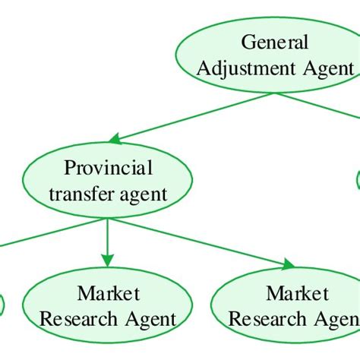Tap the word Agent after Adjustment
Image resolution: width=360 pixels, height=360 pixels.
pos(326,68)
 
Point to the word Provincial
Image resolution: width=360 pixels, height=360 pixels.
pos(108,167)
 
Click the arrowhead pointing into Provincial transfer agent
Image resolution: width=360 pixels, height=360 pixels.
pos(116,139)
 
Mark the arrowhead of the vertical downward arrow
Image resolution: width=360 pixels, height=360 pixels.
pos(108,258)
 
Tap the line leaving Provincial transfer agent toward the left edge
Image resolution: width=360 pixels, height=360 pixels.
pos(30,235)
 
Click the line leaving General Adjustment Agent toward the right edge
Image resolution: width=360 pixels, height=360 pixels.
pos(334,106)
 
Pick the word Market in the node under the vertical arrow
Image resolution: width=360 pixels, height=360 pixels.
pos(108,293)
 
